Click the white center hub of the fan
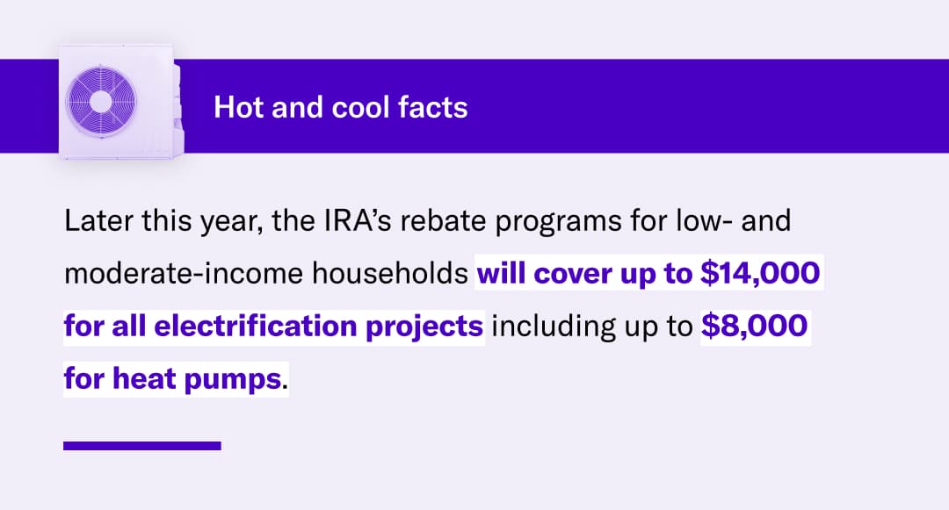point(101,102)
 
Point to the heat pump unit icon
point(120,102)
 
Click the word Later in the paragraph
point(98,221)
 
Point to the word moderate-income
point(184,274)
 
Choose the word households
point(390,274)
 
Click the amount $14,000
point(760,273)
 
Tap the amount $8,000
point(754,326)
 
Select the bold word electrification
point(256,327)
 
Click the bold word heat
point(144,379)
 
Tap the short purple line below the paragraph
point(142,446)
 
